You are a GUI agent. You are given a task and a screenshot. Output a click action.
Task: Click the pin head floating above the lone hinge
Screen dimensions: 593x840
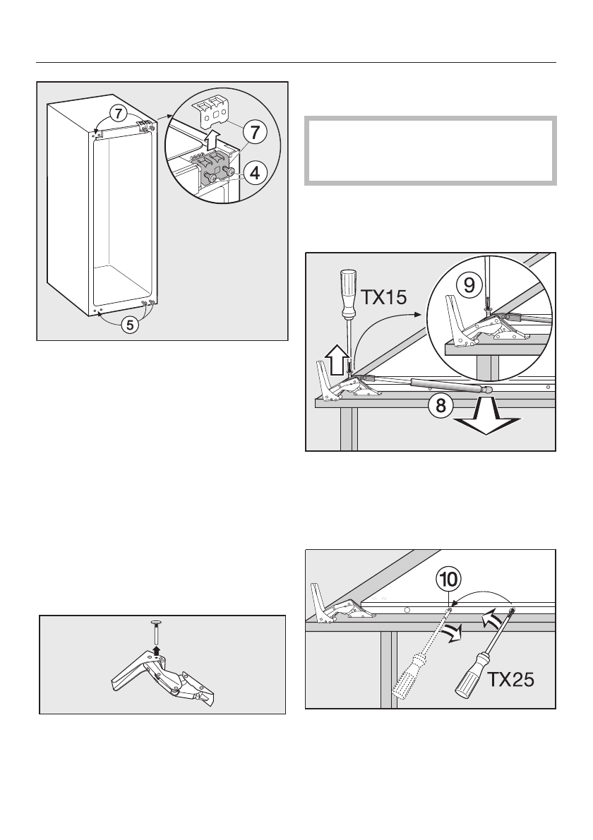[x=156, y=623]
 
